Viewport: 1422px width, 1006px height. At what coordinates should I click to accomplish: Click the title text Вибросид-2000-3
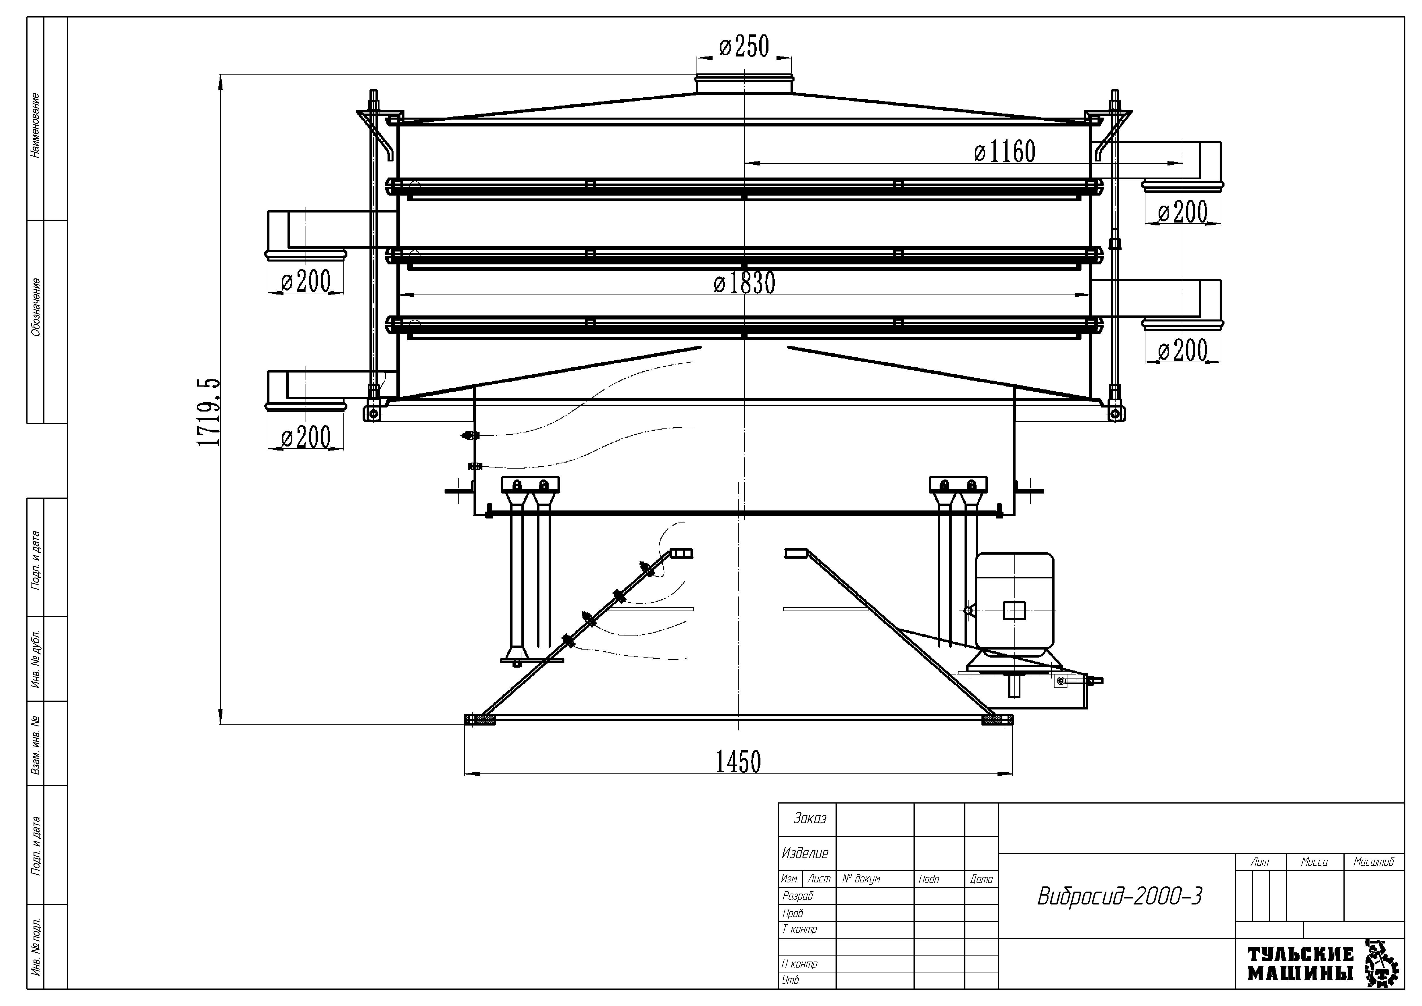(x=1119, y=896)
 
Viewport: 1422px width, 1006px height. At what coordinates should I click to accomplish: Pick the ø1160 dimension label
(x=1005, y=151)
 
